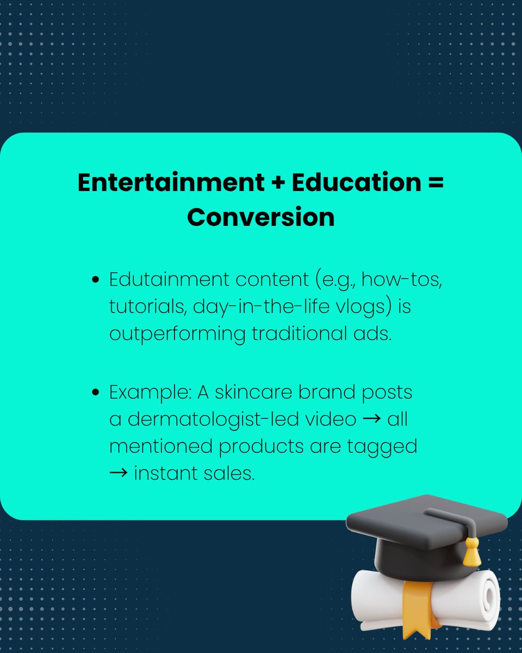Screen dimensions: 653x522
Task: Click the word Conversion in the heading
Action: (260, 218)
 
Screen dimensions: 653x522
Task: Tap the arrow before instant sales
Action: (119, 473)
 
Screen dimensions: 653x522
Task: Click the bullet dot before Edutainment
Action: (96, 281)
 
